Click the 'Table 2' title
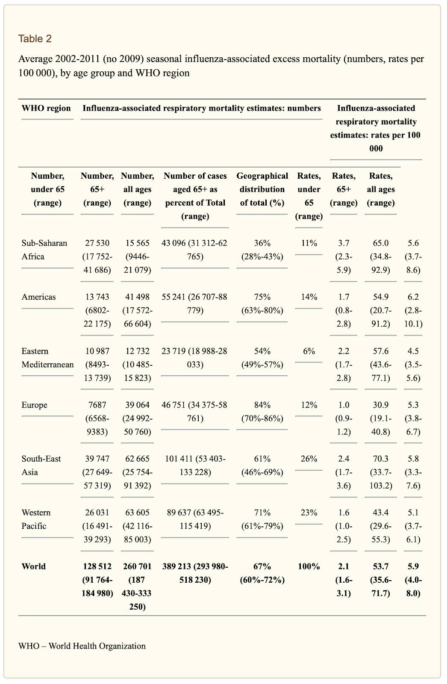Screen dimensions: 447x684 click(35, 39)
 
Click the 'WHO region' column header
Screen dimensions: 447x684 click(46, 108)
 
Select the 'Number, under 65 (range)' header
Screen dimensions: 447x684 click(47, 189)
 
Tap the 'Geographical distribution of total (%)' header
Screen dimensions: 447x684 click(262, 189)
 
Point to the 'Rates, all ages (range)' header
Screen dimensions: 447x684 click(381, 189)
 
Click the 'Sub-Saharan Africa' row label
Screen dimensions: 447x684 click(44, 250)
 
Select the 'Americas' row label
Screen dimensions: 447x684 click(39, 297)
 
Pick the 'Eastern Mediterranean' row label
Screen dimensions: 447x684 click(47, 357)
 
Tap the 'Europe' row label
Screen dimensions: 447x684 click(35, 405)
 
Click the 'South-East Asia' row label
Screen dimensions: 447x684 click(41, 466)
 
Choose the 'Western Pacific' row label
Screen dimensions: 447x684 click(36, 519)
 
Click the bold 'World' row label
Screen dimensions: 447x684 click(34, 566)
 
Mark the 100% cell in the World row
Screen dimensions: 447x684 click(309, 566)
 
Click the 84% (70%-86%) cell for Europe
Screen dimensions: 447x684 click(262, 412)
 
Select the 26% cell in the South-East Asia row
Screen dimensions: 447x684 click(309, 459)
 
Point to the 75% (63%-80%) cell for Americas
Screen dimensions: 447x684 click(262, 304)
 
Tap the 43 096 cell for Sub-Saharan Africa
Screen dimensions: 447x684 click(194, 250)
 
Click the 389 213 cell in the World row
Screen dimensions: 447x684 click(195, 573)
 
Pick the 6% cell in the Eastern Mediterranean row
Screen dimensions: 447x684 click(309, 351)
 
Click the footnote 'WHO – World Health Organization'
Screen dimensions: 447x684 click(82, 646)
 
